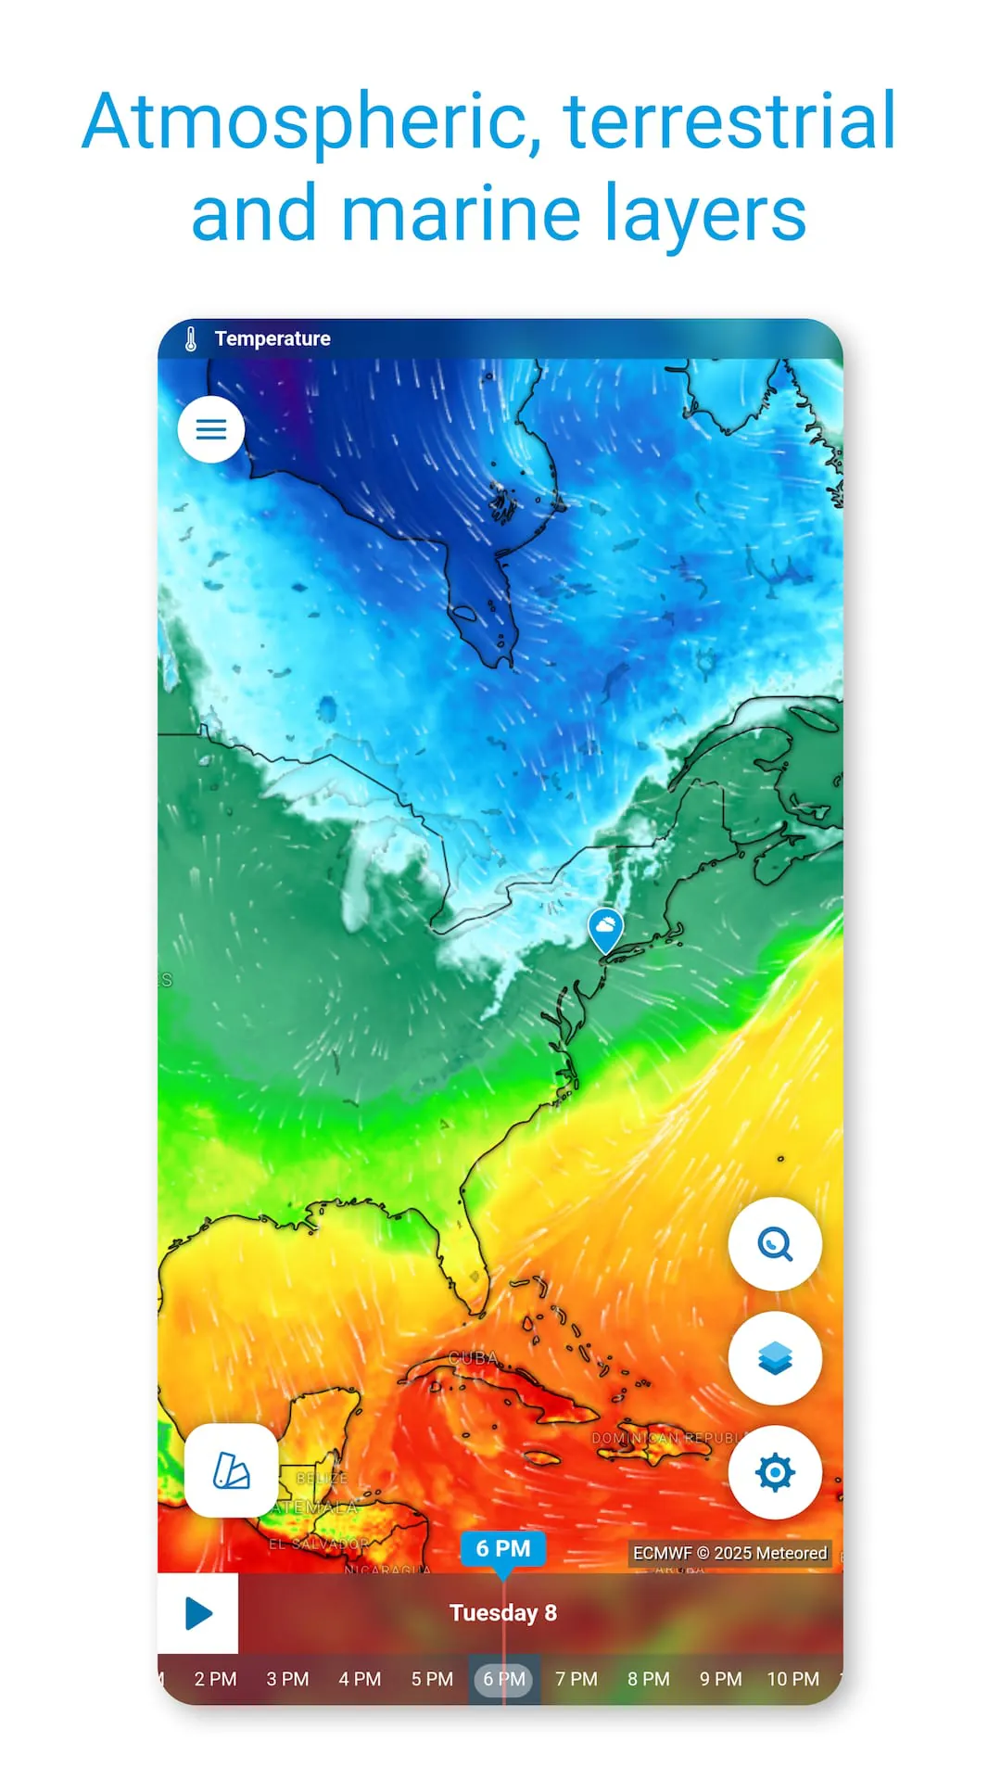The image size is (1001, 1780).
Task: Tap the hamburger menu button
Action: (x=211, y=429)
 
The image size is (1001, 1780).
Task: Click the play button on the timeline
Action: (x=198, y=1613)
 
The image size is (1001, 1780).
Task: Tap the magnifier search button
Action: (x=775, y=1244)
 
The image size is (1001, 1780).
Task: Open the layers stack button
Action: (x=775, y=1358)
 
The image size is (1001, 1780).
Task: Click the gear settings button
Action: (x=775, y=1472)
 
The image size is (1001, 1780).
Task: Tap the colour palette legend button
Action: (x=231, y=1470)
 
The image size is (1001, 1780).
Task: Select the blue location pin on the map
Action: (x=605, y=929)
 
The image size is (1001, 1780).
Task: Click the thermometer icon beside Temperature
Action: (x=191, y=339)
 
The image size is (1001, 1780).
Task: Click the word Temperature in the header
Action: (x=272, y=339)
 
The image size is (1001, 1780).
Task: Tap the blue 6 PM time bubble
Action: (x=503, y=1548)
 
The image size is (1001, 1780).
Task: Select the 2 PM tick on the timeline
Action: (x=215, y=1679)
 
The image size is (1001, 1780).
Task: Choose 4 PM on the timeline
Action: (x=360, y=1679)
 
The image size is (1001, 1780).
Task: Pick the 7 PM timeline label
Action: (x=577, y=1679)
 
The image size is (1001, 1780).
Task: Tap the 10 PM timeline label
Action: (x=793, y=1679)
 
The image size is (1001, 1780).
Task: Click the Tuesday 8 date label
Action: (x=503, y=1613)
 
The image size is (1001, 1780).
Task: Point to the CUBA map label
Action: (x=473, y=1358)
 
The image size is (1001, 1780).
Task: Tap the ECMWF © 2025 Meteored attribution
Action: (x=730, y=1553)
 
